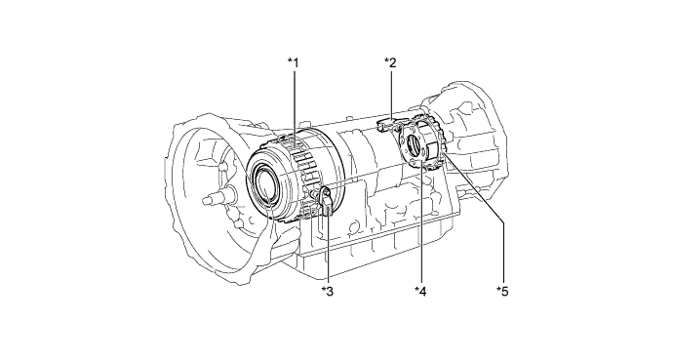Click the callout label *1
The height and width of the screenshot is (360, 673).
point(293,62)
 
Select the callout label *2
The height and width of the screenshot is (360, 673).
point(390,62)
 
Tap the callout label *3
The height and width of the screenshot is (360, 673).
point(328,291)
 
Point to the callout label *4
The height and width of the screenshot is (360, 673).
point(420,291)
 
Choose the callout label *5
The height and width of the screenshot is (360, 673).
point(502,291)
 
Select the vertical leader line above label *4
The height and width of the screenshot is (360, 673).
point(420,224)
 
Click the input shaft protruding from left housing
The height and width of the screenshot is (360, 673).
point(216,202)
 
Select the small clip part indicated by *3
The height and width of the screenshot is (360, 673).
point(325,201)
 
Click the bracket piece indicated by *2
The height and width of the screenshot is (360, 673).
point(386,125)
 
